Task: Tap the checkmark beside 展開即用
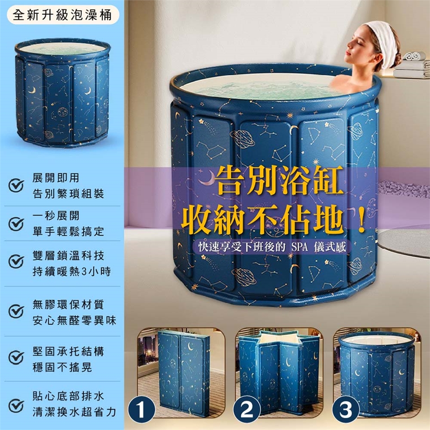16,185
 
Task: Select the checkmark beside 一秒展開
16,224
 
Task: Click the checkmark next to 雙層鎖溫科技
16,261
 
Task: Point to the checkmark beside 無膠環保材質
16,311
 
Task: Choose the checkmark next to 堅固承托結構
16,357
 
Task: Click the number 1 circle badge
142,410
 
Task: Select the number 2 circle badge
247,410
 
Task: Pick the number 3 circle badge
346,410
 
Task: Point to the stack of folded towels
411,65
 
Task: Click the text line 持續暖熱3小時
72,271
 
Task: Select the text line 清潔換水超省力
74,412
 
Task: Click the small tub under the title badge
63,93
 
